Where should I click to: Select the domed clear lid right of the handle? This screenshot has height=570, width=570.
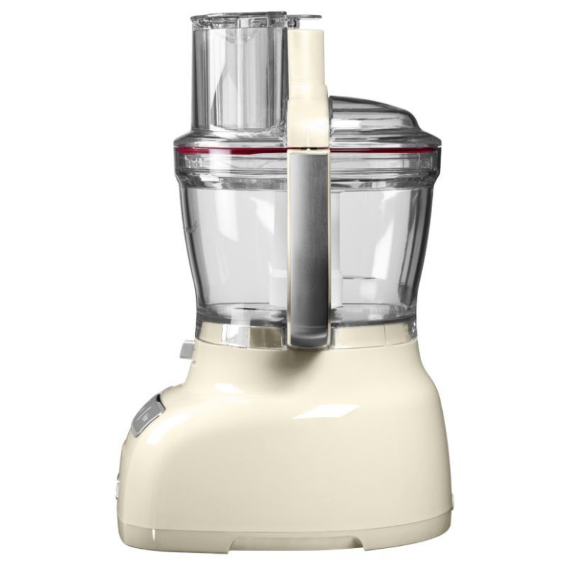point(380,119)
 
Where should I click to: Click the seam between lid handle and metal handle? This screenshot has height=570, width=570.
point(309,151)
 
